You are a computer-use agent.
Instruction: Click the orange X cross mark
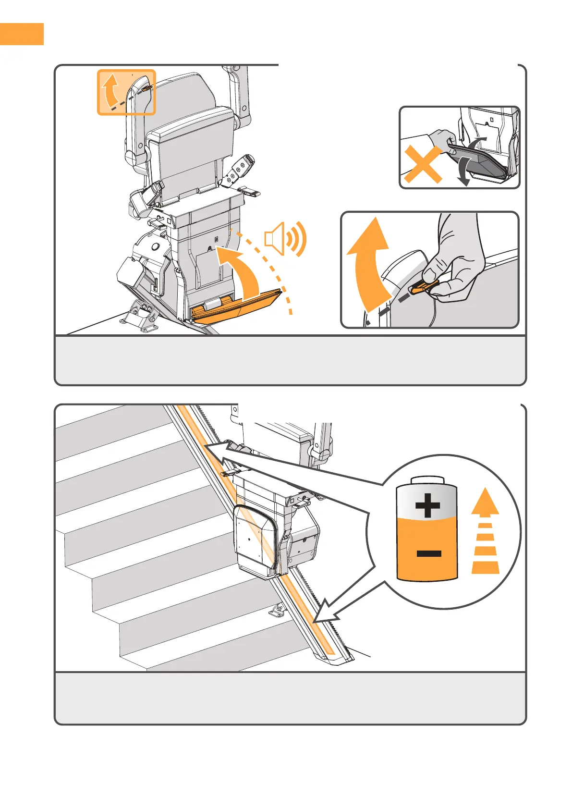423,165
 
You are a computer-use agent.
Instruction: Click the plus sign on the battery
427,506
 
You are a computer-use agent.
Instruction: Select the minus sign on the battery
428,554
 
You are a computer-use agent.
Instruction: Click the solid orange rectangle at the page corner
22,34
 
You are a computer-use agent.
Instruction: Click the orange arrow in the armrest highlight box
110,90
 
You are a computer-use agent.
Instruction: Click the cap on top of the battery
427,481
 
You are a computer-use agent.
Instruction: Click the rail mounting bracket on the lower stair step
277,611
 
